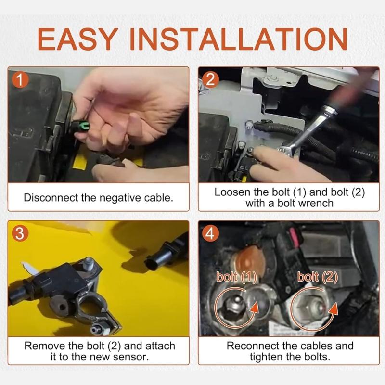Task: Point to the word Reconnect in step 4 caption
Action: tap(254, 346)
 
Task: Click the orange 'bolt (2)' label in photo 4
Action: tap(317, 277)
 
